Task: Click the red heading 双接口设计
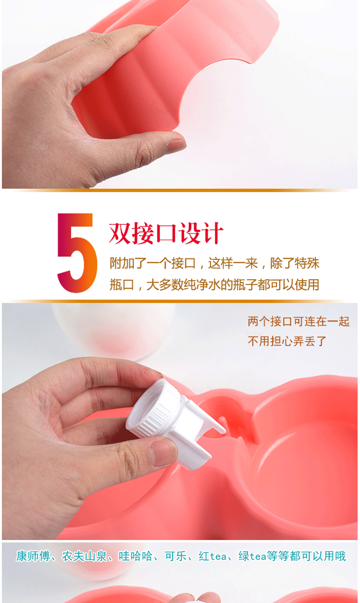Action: (x=166, y=233)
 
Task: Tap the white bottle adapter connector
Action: (x=176, y=423)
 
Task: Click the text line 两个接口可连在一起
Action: (x=299, y=321)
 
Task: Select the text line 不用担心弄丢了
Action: (x=287, y=341)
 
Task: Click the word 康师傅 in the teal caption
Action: (x=33, y=556)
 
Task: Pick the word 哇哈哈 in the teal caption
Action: (x=136, y=556)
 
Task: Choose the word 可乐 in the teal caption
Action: (x=176, y=556)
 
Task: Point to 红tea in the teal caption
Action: (x=213, y=556)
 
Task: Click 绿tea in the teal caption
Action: (x=252, y=556)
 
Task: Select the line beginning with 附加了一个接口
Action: (x=214, y=263)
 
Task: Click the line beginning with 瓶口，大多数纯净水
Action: (x=214, y=285)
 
